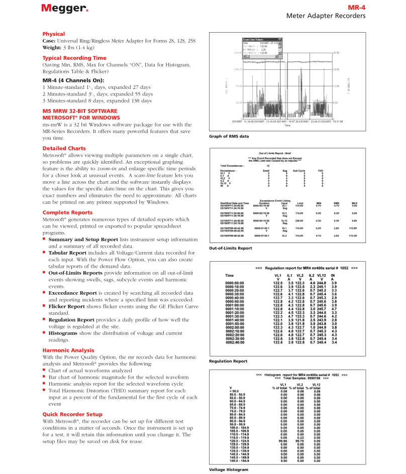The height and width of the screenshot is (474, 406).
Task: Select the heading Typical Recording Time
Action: pyautogui.click(x=74, y=58)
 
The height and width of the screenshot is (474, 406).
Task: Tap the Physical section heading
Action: pyautogui.click(x=54, y=34)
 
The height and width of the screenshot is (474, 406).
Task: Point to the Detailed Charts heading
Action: pyautogui.click(x=64, y=148)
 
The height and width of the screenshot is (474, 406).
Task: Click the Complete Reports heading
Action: pyautogui.click(x=67, y=212)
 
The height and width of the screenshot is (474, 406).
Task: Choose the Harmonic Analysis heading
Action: pyautogui.click(x=68, y=336)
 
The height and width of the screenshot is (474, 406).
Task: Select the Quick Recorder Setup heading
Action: pyautogui.click(x=72, y=414)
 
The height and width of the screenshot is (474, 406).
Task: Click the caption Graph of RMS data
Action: pyautogui.click(x=229, y=136)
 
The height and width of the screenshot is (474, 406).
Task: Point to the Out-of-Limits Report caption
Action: pyautogui.click(x=231, y=248)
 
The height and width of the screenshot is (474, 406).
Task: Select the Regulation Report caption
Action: pyautogui.click(x=228, y=361)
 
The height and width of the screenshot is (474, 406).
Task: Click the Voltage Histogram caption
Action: pyautogui.click(x=229, y=469)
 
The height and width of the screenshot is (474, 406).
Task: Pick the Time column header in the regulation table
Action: pyautogui.click(x=229, y=275)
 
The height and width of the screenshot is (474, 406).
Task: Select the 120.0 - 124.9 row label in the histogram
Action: pyautogui.click(x=239, y=441)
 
